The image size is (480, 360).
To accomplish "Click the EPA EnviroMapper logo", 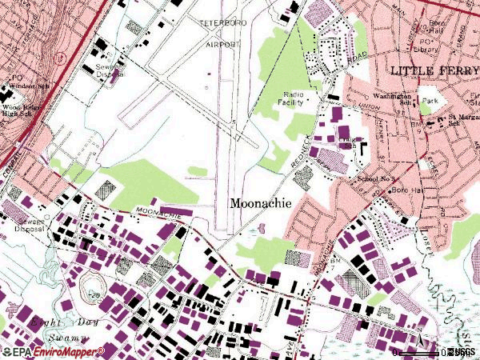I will click(x=53, y=351).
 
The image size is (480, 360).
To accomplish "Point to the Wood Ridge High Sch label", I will click(x=22, y=109).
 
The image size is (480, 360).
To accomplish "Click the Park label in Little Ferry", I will click(x=432, y=102).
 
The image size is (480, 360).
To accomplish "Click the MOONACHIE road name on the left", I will click(x=152, y=213).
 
